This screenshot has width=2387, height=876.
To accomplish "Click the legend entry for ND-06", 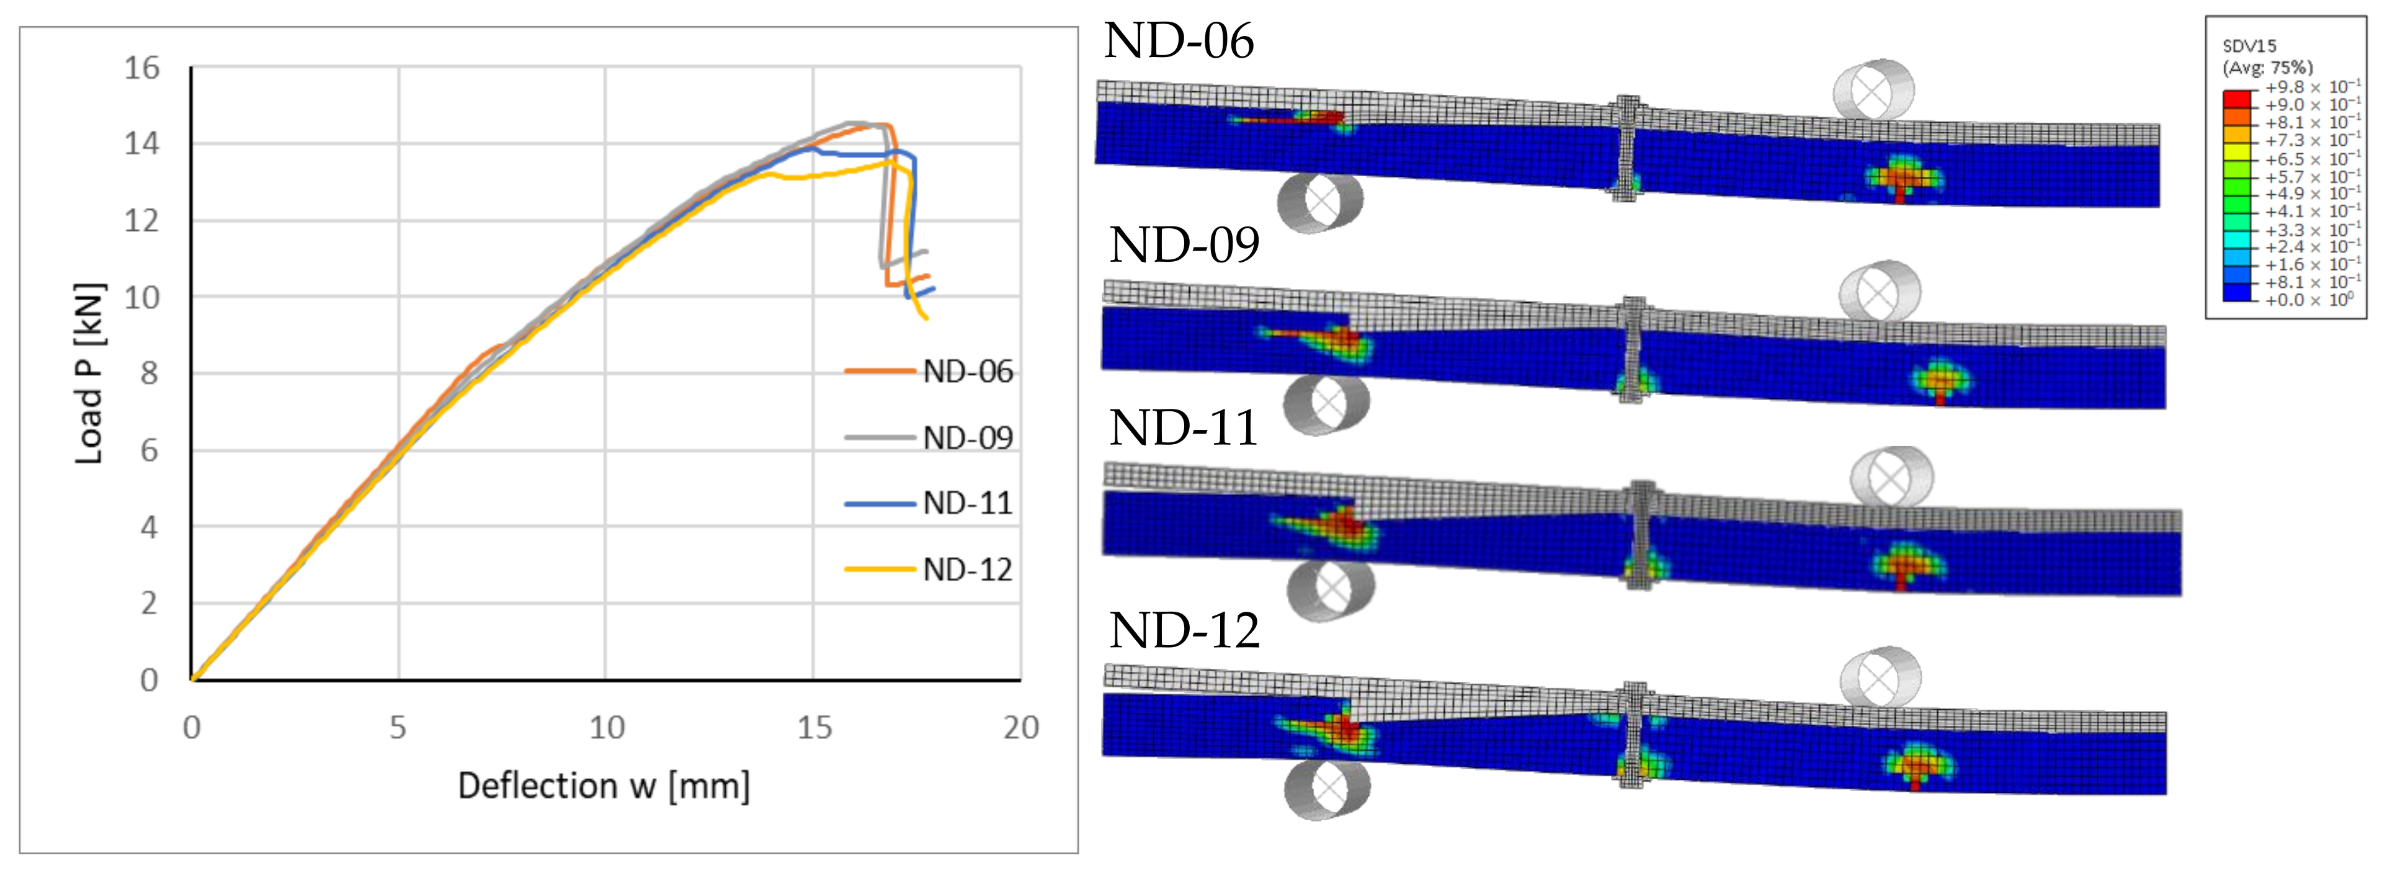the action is click(929, 372).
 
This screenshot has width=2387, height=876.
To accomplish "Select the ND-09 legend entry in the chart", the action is click(929, 437).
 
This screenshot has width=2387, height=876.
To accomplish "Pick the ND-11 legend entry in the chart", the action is click(929, 503).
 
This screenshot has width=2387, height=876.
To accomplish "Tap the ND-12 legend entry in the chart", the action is click(929, 569).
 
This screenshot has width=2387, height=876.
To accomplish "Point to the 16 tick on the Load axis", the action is click(142, 68).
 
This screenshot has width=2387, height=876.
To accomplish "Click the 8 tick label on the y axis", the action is click(149, 373).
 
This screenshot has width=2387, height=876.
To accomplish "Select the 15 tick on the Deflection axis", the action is click(814, 728).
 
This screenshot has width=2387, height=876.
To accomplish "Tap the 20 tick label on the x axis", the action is click(1021, 728).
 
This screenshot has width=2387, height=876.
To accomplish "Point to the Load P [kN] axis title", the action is click(89, 373).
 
